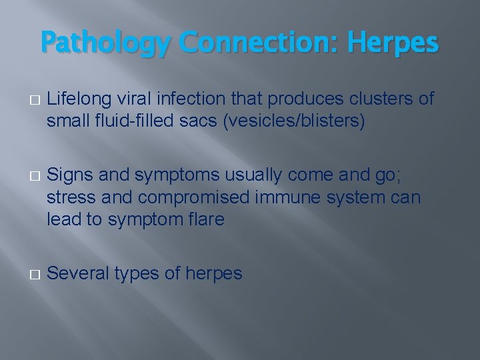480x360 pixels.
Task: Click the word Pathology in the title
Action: [x=106, y=43]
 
